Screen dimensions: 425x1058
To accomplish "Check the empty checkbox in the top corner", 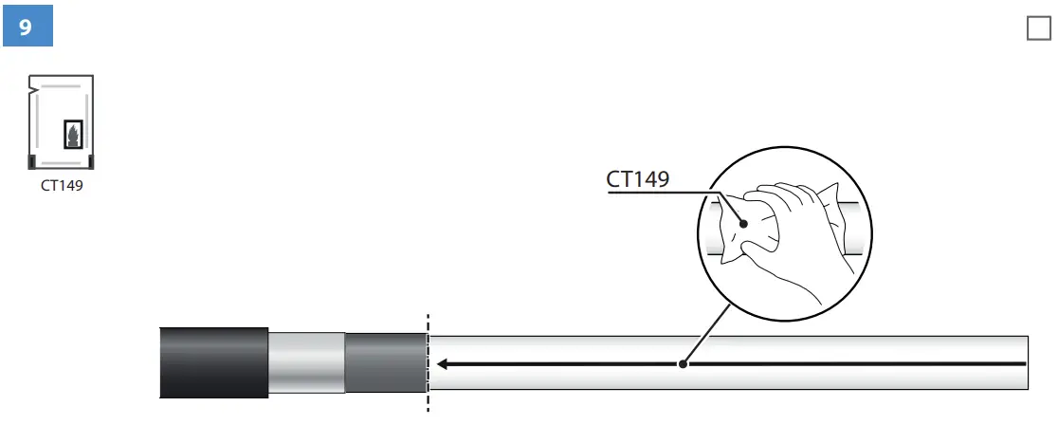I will [x=1038, y=29].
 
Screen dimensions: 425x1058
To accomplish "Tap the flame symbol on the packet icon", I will [x=72, y=135].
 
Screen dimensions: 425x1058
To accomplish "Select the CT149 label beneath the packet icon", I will [x=62, y=186].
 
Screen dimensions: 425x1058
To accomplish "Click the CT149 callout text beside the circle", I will [x=638, y=178].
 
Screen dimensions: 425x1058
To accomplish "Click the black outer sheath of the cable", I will [x=213, y=361].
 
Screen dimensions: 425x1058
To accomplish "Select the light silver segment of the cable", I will [x=306, y=361].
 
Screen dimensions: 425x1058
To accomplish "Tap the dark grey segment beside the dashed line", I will [x=384, y=361].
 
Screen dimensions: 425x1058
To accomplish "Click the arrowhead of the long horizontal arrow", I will [x=443, y=363].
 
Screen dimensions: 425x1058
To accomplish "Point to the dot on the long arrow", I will [x=682, y=363].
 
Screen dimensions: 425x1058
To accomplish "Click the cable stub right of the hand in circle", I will [x=853, y=228].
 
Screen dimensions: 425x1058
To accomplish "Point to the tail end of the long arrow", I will [x=1024, y=363].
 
